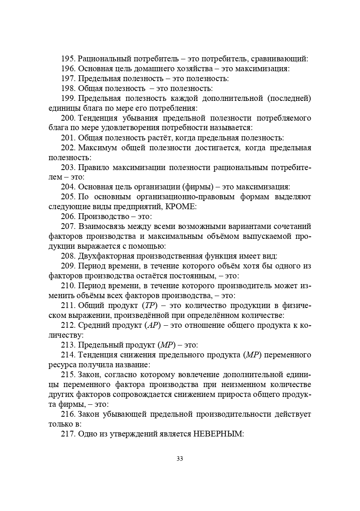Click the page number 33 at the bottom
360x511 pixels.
pyautogui.click(x=180, y=459)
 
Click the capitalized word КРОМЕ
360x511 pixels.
pyautogui.click(x=180, y=206)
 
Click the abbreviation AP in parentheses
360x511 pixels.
pyautogui.click(x=153, y=325)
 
